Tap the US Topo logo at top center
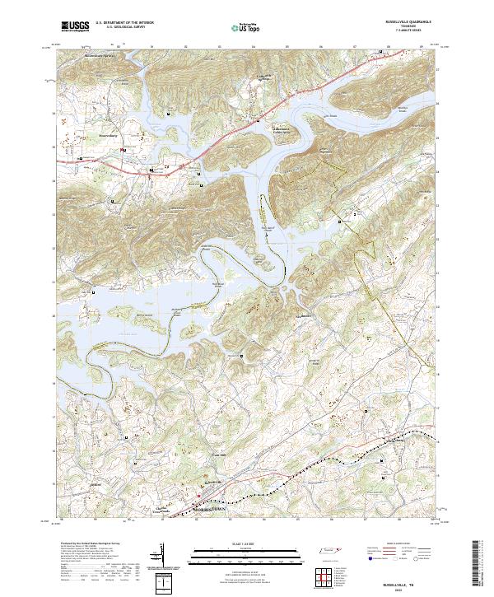(x=239, y=26)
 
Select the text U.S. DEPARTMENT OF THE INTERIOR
(x=124, y=23)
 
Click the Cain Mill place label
(x=219, y=455)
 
